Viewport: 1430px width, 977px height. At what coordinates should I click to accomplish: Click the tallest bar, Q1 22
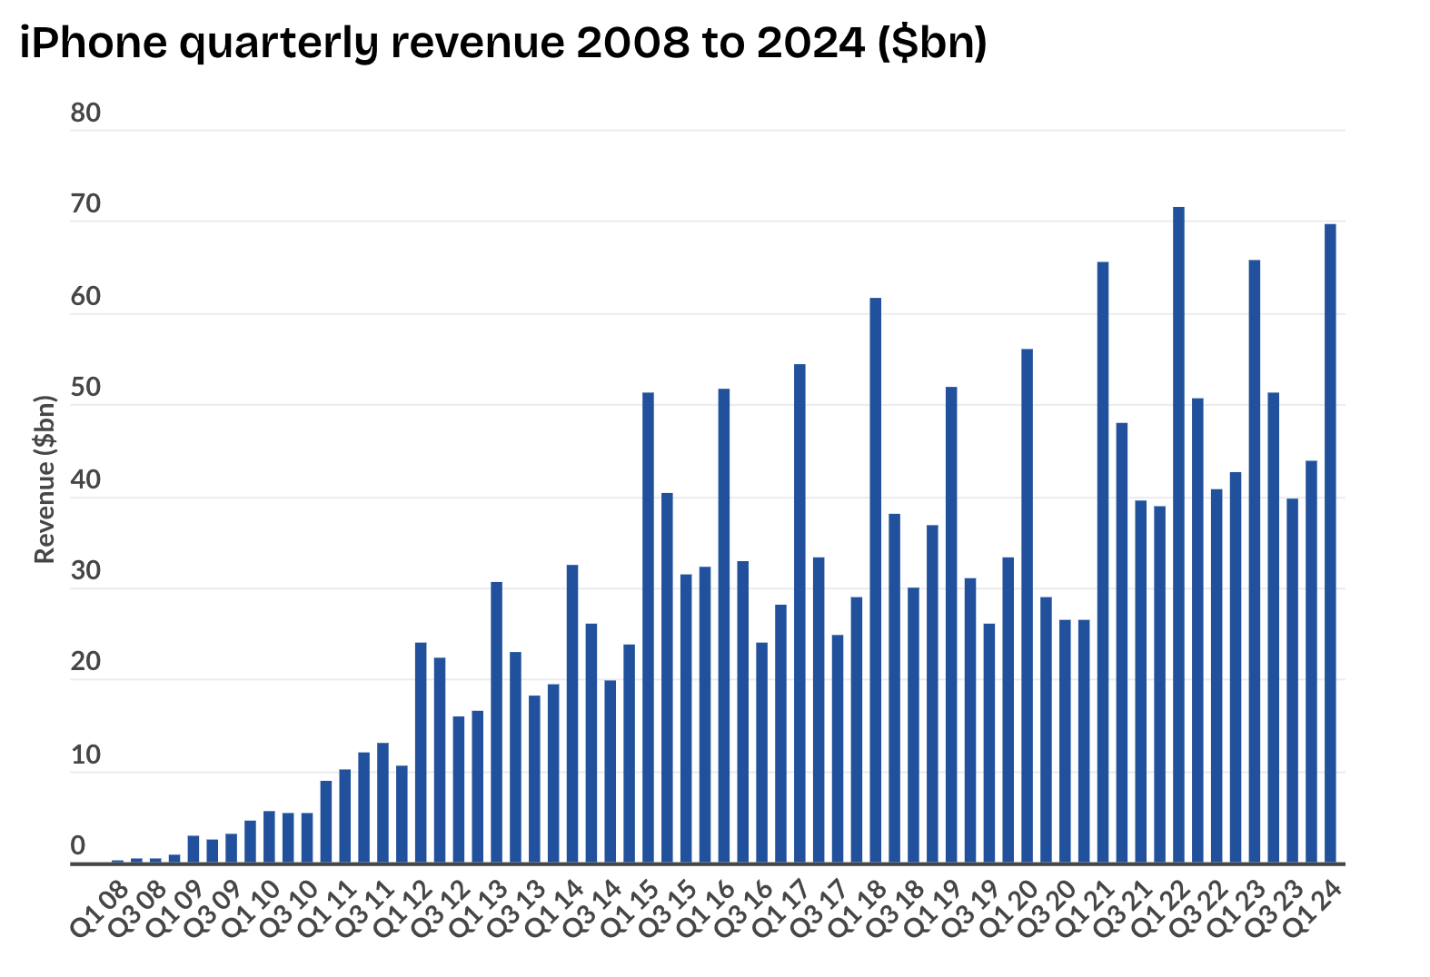[1178, 536]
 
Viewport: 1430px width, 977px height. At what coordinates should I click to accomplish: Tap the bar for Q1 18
[875, 581]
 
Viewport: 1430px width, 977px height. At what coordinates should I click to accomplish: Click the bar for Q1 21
[1102, 563]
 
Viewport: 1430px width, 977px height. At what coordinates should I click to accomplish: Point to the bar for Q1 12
[421, 753]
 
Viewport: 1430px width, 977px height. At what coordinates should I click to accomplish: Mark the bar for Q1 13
[496, 722]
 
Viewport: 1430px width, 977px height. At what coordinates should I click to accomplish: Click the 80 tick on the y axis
[85, 113]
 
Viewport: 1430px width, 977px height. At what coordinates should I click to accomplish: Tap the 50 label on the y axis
[85, 389]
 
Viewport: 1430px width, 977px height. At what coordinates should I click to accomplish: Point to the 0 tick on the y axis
[78, 846]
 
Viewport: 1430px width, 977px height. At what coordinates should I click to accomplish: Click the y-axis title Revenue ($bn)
[45, 479]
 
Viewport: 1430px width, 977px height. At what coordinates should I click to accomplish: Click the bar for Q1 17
[799, 614]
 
